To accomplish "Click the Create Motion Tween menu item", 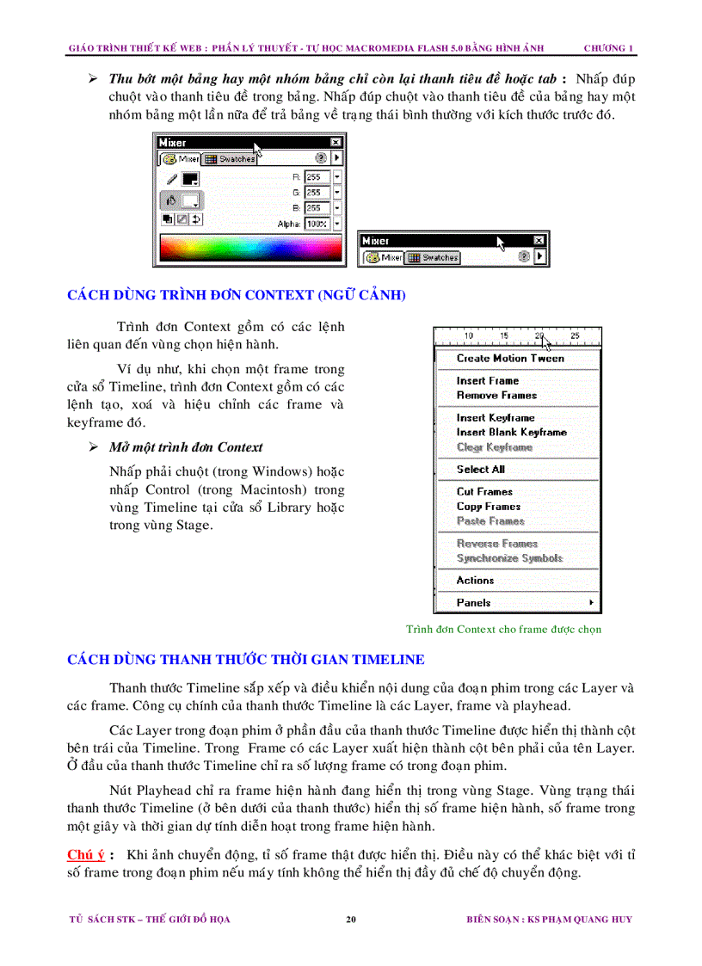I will pyautogui.click(x=510, y=359).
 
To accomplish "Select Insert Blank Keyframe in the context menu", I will pyautogui.click(x=511, y=433).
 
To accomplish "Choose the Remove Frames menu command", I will pyautogui.click(x=496, y=396).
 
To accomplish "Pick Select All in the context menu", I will pyautogui.click(x=481, y=470).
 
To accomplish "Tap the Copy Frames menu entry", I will pyautogui.click(x=489, y=507).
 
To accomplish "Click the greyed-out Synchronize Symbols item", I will pyautogui.click(x=509, y=558).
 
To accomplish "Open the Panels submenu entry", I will pyautogui.click(x=474, y=603).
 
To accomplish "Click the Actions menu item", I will pyautogui.click(x=475, y=581).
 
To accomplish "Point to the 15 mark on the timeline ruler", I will pyautogui.click(x=504, y=335).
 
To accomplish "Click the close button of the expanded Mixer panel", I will pyautogui.click(x=336, y=143).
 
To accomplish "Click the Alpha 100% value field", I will pyautogui.click(x=317, y=224).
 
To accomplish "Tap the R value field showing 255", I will pyautogui.click(x=316, y=177).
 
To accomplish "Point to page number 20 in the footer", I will pyautogui.click(x=351, y=920).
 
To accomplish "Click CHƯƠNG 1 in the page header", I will pyautogui.click(x=608, y=47).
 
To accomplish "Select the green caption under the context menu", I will pyautogui.click(x=503, y=630).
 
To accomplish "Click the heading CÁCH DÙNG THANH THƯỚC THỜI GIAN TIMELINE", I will pyautogui.click(x=246, y=660).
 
